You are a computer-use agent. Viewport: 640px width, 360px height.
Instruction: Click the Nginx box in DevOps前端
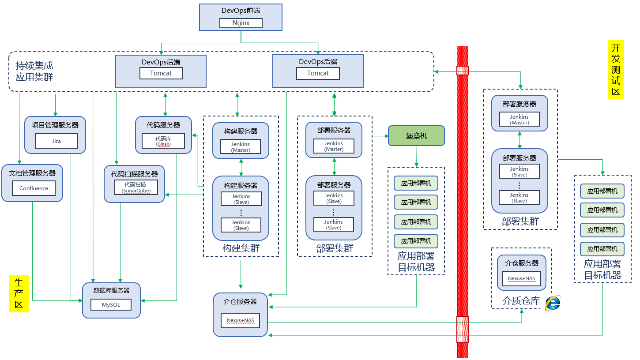pos(241,23)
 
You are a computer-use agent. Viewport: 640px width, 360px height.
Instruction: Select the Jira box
pos(56,141)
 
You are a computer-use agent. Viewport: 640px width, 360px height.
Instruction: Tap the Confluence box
pos(34,188)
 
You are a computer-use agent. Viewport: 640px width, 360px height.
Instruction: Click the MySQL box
pos(111,305)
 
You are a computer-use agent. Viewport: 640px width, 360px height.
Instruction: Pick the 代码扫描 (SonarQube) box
pos(135,187)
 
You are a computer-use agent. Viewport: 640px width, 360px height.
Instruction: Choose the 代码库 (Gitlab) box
pos(163,141)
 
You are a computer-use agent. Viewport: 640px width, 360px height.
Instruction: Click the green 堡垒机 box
pos(416,136)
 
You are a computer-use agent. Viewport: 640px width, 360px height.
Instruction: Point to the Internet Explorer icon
pos(552,303)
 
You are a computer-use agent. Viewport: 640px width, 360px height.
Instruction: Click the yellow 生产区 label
pos(19,293)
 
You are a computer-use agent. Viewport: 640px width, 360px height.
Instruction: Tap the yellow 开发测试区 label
pos(616,69)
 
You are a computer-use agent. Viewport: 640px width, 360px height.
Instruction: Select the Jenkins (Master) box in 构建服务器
pos(241,146)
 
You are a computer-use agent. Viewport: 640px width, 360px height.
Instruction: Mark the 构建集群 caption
pos(241,248)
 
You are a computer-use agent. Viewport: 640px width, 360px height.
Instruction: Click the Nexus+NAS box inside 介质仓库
pos(521,278)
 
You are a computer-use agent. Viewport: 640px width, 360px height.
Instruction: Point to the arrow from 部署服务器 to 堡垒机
pos(380,136)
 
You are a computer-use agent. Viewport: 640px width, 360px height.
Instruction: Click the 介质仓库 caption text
pos(521,301)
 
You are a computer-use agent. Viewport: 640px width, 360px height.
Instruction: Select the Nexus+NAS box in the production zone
pos(240,320)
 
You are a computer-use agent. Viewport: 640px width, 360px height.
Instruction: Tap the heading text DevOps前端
pos(241,10)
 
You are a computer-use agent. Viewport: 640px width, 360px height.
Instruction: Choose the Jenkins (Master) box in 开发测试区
pos(519,120)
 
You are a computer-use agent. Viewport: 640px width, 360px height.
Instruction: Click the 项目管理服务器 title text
pos(55,125)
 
